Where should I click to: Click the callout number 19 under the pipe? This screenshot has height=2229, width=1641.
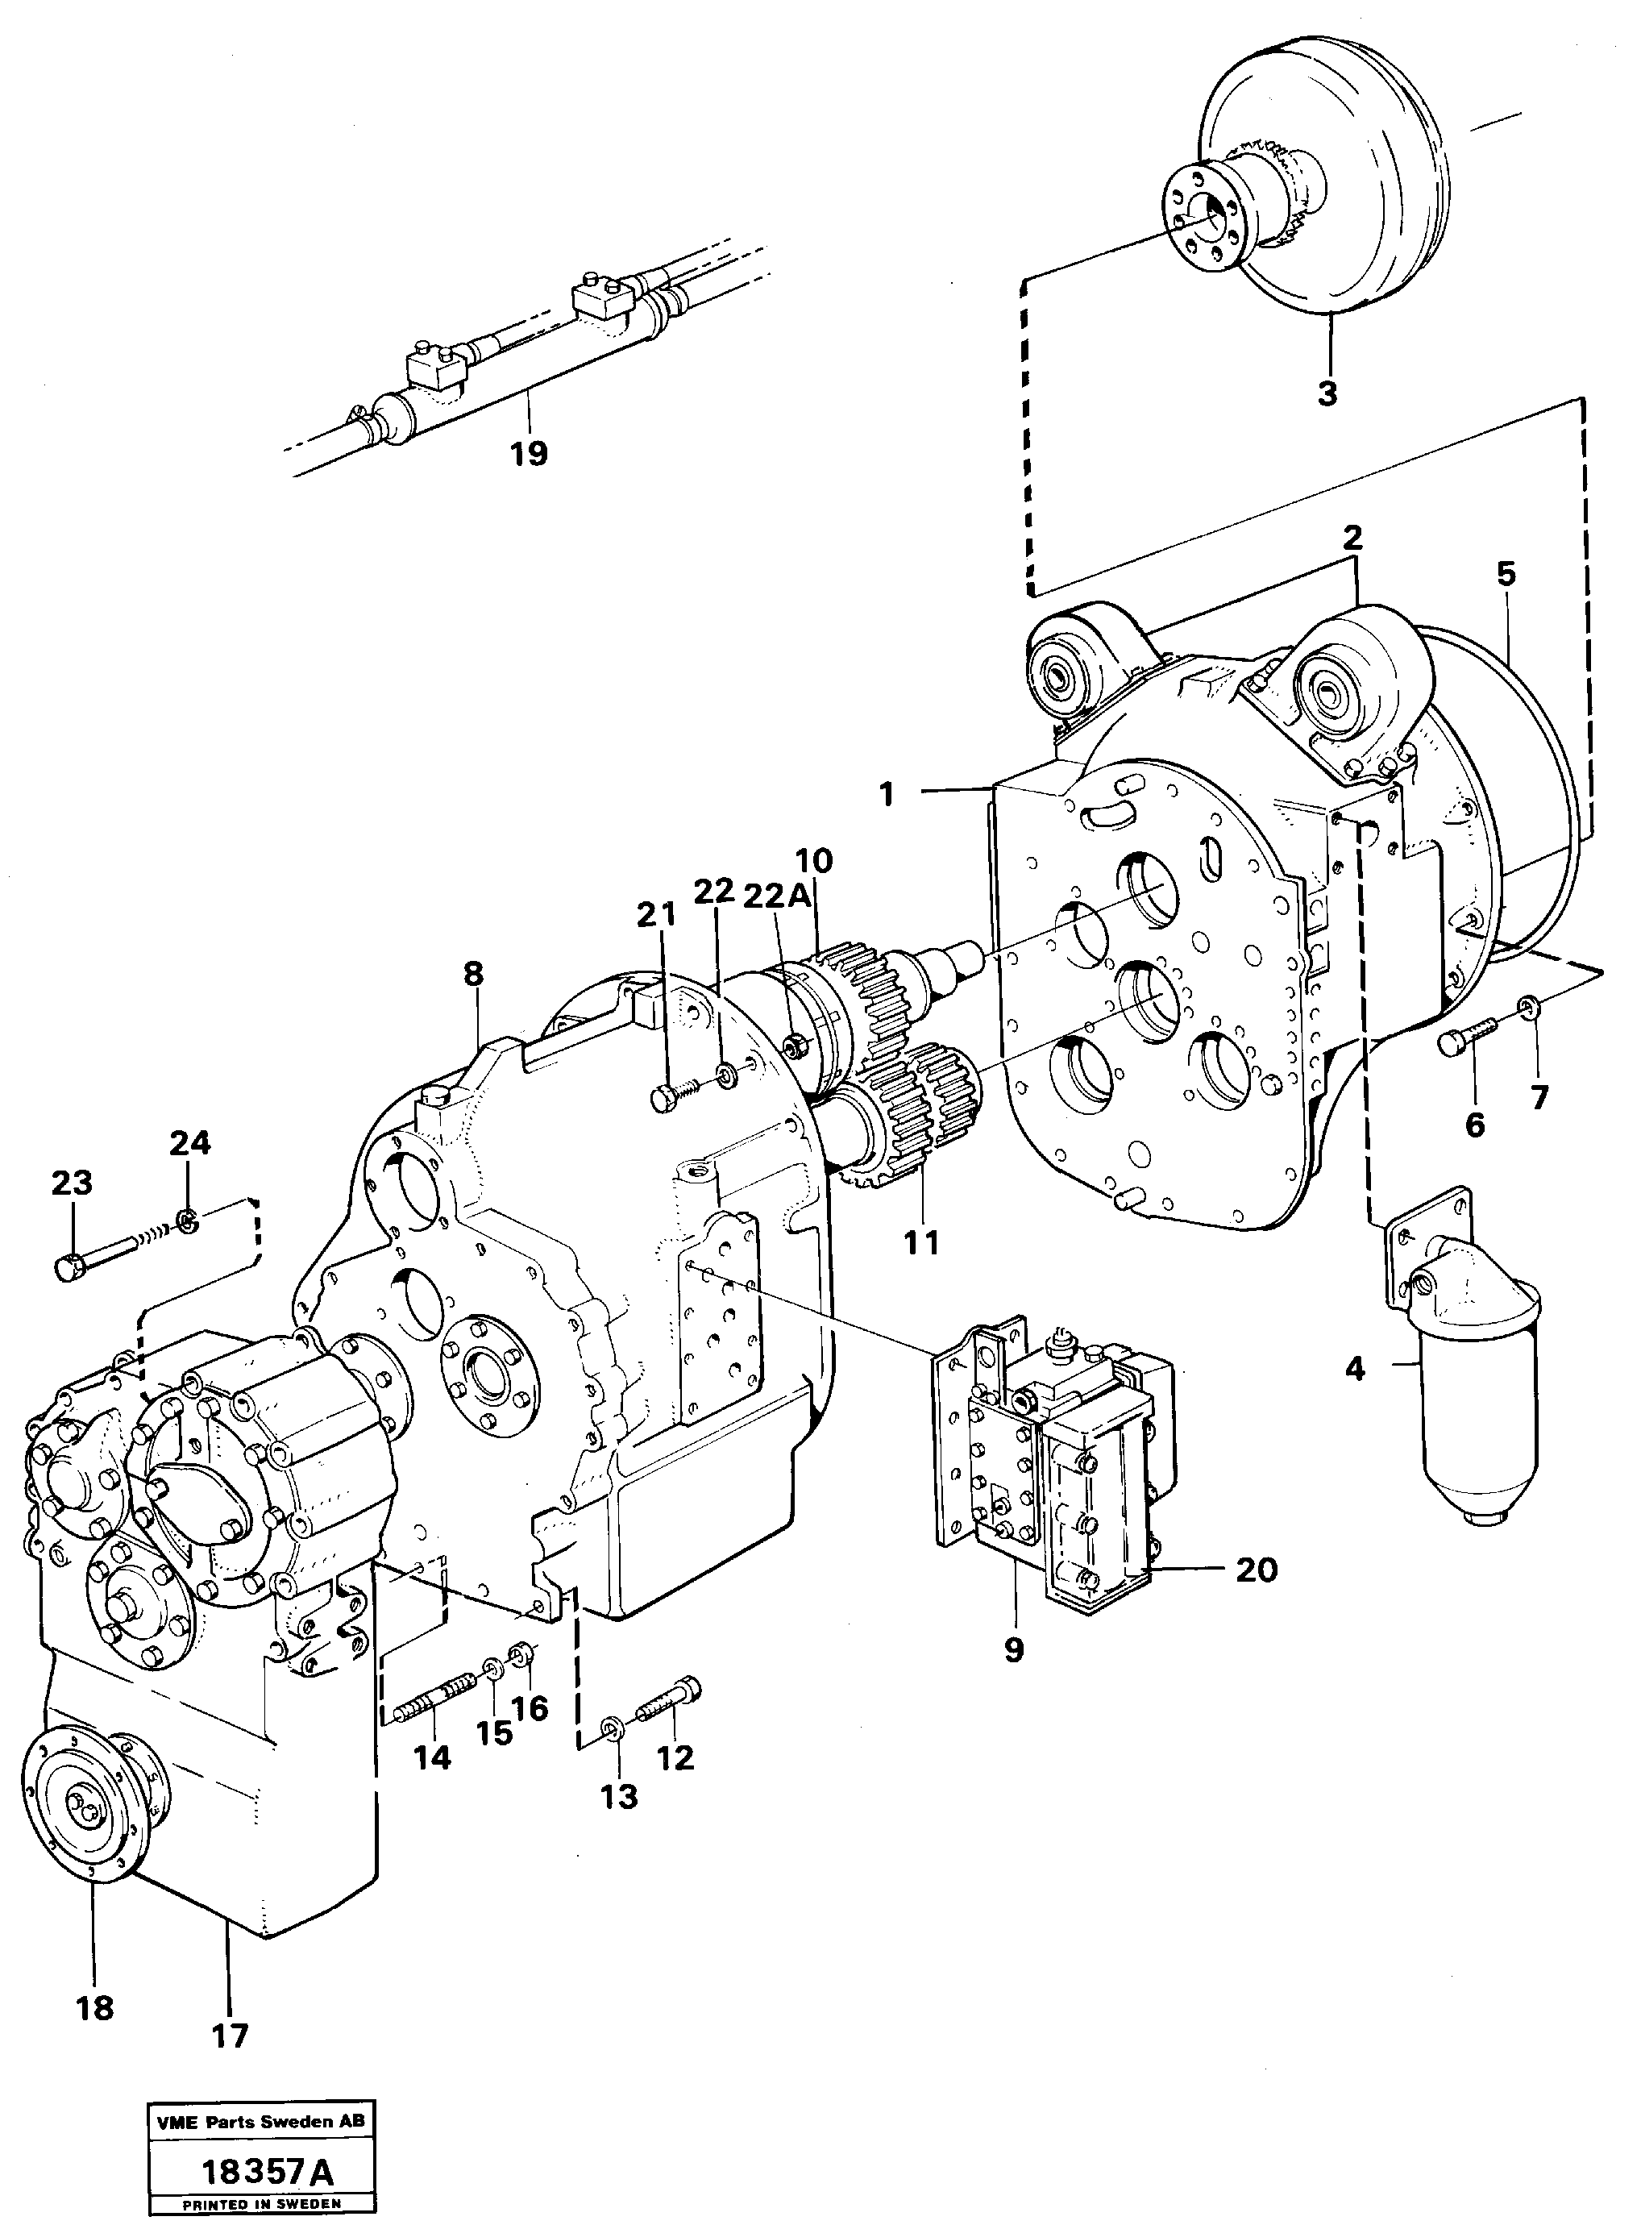[x=529, y=454]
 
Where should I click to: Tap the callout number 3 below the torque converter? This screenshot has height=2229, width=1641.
[x=1328, y=393]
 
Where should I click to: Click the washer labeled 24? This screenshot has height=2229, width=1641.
[x=185, y=1219]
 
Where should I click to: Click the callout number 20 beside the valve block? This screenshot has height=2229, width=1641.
[x=1256, y=1570]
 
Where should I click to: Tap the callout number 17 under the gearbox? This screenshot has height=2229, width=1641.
[x=230, y=2036]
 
